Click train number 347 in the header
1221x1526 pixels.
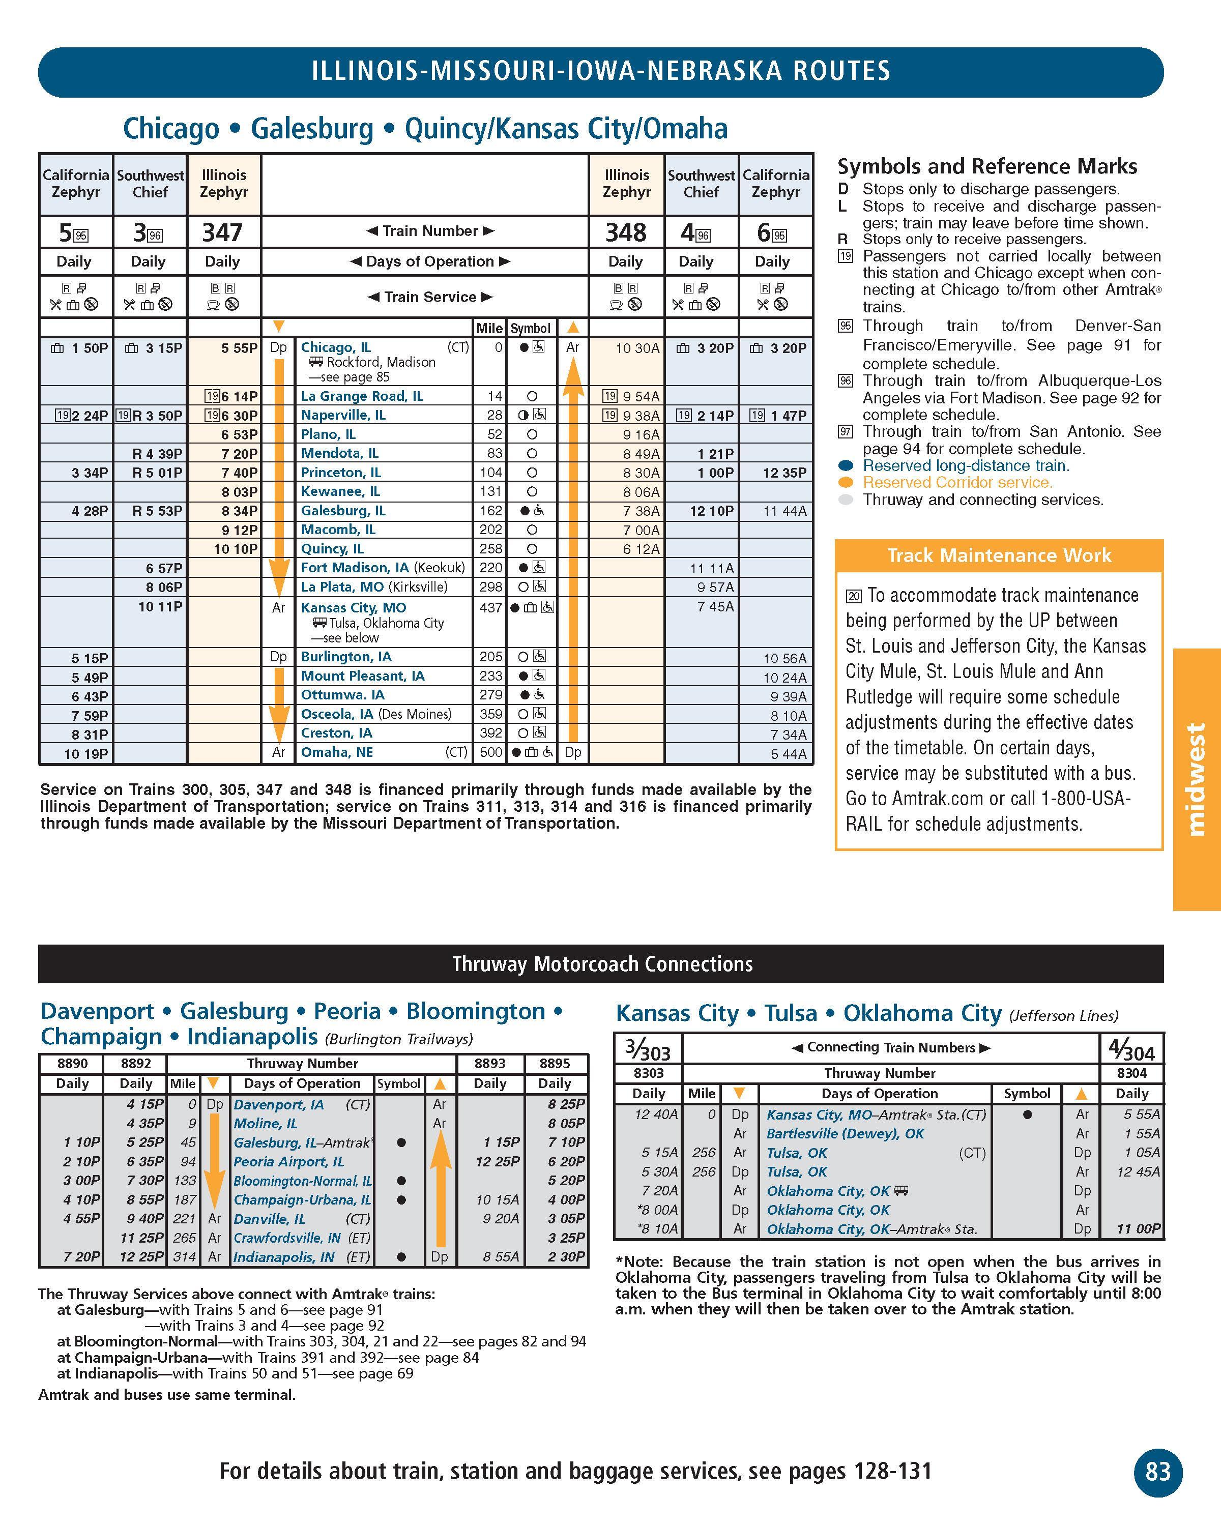tap(222, 232)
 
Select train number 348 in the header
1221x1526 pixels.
tap(626, 232)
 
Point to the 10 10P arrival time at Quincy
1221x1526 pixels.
tap(236, 548)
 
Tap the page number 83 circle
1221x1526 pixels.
tap(1157, 1472)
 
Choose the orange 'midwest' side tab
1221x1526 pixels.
tap(1196, 779)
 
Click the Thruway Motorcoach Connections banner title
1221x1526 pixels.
tap(602, 964)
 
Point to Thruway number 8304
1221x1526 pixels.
tap(1131, 1073)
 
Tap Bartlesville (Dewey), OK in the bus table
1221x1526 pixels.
tap(845, 1133)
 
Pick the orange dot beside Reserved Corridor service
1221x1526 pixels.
tap(845, 483)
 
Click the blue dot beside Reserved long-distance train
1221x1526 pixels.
tap(845, 466)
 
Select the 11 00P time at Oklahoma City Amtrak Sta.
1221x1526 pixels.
tap(1138, 1229)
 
